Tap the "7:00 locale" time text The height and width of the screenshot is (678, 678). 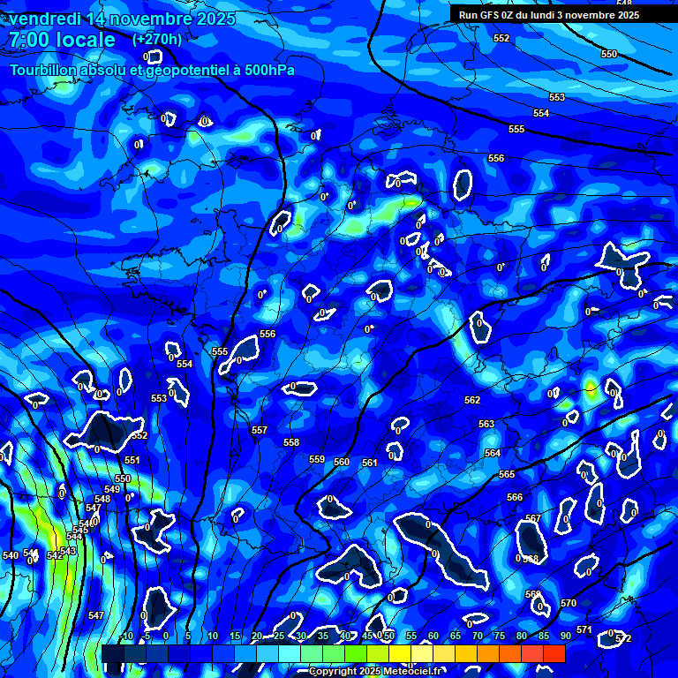coord(63,40)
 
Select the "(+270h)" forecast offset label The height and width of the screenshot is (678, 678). coord(157,39)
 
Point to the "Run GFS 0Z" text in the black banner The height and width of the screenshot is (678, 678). coord(490,15)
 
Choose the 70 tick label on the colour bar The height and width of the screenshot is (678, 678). coord(477,636)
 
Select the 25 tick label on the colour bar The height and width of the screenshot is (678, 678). coord(278,636)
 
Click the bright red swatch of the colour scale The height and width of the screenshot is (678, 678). coord(554,653)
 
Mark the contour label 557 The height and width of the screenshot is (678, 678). coord(260,430)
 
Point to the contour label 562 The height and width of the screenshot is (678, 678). coord(472,400)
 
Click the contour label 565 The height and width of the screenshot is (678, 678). coord(507,474)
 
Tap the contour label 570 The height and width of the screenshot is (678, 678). coord(569,603)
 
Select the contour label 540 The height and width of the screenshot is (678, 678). coord(11,555)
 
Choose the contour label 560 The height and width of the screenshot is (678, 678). coord(342,462)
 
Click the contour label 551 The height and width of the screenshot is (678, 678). coord(132,460)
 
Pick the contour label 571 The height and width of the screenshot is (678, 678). coord(584,629)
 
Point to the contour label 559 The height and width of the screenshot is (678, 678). coord(317,459)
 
